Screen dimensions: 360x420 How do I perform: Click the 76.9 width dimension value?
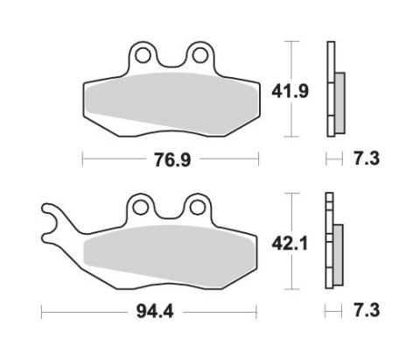(171, 159)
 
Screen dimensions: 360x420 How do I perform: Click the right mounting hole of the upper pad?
(200, 57)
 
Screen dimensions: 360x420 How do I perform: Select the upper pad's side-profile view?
(332, 89)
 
